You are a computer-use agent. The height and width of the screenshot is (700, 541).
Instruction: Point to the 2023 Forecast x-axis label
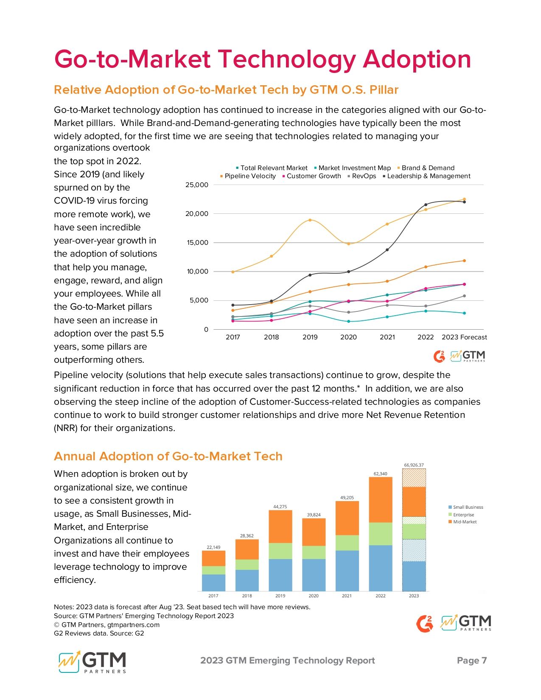click(x=464, y=337)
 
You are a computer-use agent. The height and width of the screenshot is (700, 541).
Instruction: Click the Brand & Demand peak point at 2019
click(x=310, y=220)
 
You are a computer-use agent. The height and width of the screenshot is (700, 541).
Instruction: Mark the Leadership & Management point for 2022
click(x=426, y=205)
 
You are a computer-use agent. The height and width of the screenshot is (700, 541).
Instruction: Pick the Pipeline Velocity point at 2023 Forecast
click(x=464, y=261)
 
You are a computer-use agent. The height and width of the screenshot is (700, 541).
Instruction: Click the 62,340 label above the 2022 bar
click(x=380, y=473)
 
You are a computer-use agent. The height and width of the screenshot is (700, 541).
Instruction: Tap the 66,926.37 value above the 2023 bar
click(x=414, y=465)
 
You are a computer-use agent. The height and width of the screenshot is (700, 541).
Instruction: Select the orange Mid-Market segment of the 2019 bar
click(x=280, y=526)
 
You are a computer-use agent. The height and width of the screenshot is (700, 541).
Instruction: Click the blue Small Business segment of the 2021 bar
click(x=347, y=571)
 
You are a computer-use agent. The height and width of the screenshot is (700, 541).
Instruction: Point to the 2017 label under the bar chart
click(x=213, y=596)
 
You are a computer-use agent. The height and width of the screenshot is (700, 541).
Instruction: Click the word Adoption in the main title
click(x=417, y=59)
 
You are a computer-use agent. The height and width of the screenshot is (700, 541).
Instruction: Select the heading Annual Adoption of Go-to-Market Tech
click(x=168, y=456)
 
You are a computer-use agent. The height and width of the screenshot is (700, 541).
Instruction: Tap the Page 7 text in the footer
click(x=471, y=661)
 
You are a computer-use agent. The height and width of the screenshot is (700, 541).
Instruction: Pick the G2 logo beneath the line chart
click(x=439, y=356)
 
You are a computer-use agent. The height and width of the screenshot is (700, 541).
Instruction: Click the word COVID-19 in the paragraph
click(x=80, y=201)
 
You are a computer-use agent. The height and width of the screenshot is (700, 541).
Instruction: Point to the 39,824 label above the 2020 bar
click(x=314, y=515)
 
